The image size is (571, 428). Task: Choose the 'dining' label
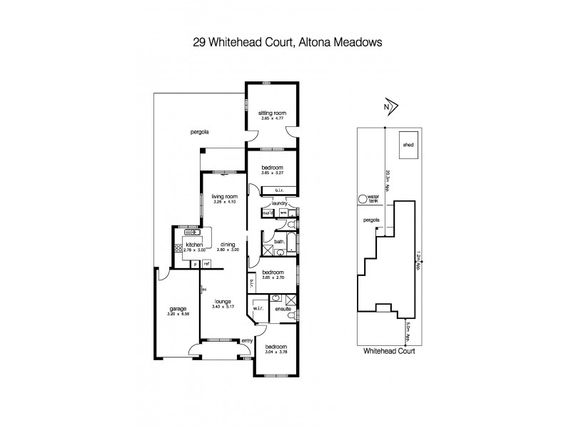pyautogui.click(x=227, y=244)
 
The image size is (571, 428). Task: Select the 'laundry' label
pyautogui.click(x=278, y=203)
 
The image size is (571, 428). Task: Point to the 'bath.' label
pyautogui.click(x=279, y=240)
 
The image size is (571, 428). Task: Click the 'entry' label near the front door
pyautogui.click(x=247, y=341)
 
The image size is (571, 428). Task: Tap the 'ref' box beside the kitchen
pyautogui.click(x=207, y=264)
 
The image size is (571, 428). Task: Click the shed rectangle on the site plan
pyautogui.click(x=408, y=143)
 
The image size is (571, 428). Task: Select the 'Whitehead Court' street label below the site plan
pyautogui.click(x=389, y=351)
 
